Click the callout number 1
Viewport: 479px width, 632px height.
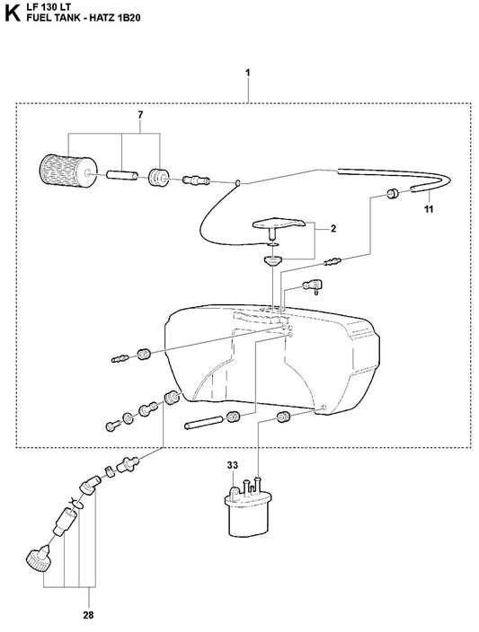(248, 73)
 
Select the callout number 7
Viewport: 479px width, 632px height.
(140, 115)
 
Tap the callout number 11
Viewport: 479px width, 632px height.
(429, 209)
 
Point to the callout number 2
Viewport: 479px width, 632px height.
(333, 229)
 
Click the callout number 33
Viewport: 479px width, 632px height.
(233, 465)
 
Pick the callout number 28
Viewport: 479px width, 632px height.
(88, 615)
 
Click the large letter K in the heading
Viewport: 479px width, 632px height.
(12, 13)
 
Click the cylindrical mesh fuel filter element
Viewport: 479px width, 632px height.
(67, 172)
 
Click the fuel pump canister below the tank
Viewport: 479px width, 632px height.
(248, 507)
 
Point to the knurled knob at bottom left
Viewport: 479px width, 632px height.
(38, 556)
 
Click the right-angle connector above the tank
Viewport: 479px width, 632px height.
(314, 286)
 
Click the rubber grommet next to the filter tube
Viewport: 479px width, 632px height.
(158, 178)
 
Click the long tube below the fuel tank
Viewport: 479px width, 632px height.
(202, 422)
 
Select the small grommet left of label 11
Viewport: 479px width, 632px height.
(392, 193)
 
